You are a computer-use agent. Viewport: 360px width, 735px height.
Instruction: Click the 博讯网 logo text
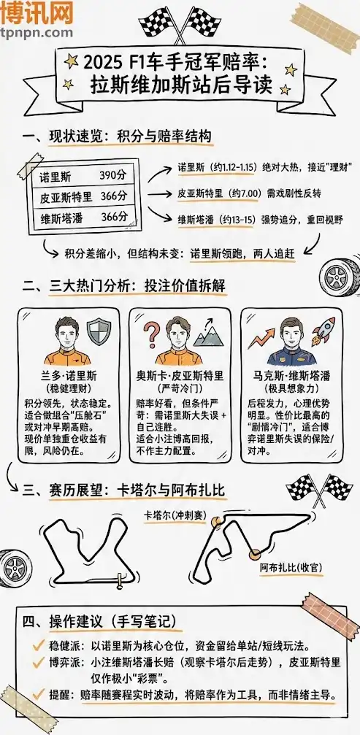(x=37, y=13)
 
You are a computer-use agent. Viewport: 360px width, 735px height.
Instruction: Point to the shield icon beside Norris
(x=98, y=333)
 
